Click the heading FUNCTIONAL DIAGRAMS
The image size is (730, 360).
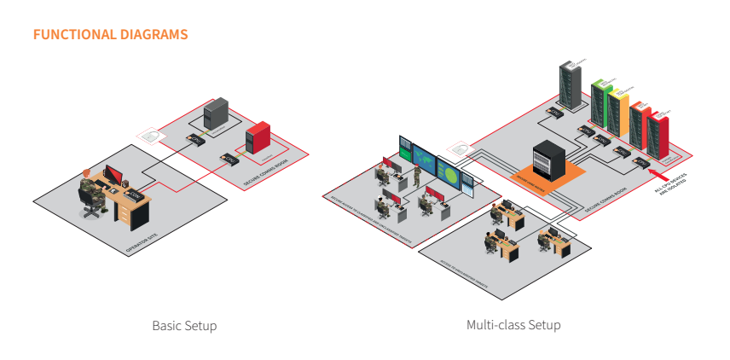[110, 35]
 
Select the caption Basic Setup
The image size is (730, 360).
[184, 326]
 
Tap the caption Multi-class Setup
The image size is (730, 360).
[513, 325]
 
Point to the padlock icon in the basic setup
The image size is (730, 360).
[150, 135]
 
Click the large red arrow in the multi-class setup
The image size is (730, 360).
[662, 177]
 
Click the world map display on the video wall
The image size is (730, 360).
[424, 159]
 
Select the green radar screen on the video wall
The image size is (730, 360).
[449, 171]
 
